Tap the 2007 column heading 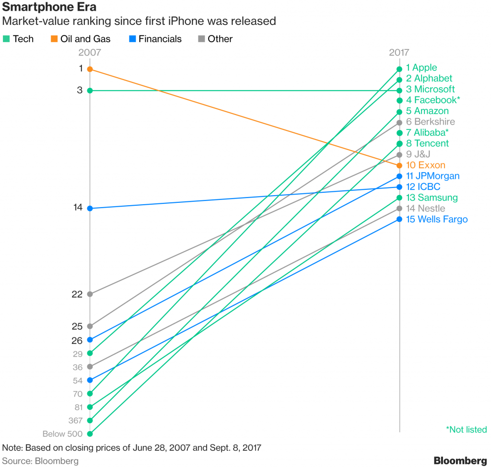[90, 53]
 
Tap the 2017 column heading [399, 53]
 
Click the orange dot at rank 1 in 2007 [90, 69]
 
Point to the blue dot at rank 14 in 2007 [90, 209]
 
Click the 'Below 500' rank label [62, 434]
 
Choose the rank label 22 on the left [77, 294]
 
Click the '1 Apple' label [421, 68]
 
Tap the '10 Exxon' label [425, 165]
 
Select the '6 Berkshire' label [430, 122]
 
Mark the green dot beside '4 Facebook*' [399, 100]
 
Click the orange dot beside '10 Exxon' [399, 165]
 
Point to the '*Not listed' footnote [466, 430]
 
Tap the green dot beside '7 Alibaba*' [399, 133]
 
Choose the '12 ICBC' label [423, 187]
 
